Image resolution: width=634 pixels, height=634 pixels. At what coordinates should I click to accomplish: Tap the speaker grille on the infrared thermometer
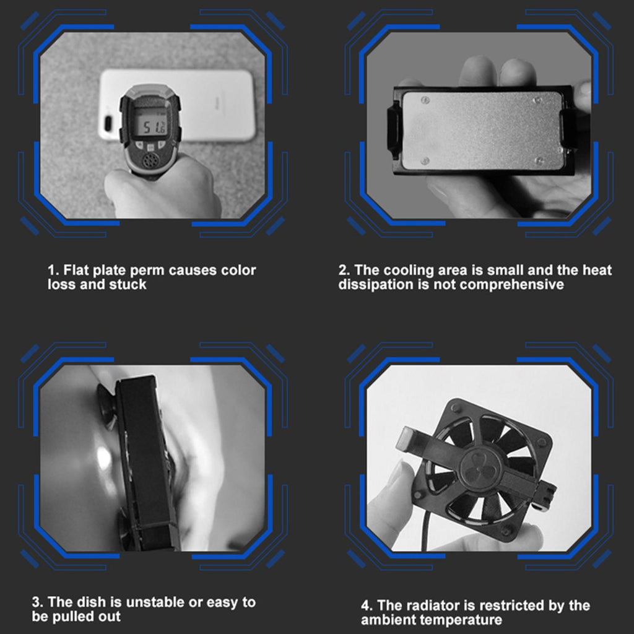149,161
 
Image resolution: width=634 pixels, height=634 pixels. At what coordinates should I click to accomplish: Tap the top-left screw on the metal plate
425,100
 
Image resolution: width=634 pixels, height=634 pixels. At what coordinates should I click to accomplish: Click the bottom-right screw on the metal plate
538,160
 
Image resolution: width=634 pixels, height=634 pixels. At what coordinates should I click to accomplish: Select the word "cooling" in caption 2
407,271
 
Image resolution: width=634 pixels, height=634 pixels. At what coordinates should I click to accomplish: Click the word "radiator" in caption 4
433,606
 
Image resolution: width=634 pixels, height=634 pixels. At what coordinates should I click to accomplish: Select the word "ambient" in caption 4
389,620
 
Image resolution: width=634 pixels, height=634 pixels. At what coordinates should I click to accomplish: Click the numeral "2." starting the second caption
344,271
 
